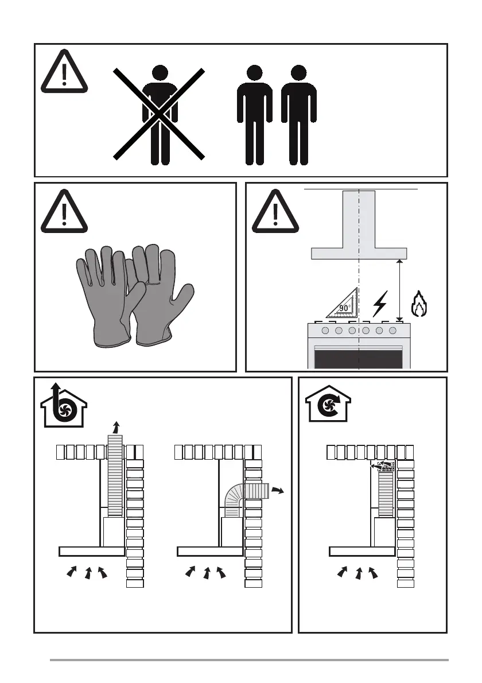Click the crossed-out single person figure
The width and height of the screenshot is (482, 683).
pyautogui.click(x=160, y=115)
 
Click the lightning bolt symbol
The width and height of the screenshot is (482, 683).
pyautogui.click(x=380, y=304)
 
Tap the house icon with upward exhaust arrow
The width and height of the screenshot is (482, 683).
pyautogui.click(x=64, y=405)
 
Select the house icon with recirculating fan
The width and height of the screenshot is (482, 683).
pyautogui.click(x=328, y=404)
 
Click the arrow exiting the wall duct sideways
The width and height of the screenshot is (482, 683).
pyautogui.click(x=277, y=491)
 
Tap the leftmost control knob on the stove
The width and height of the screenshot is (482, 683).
pyautogui.click(x=325, y=331)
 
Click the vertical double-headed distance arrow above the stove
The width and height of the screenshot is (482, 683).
pyautogui.click(x=400, y=290)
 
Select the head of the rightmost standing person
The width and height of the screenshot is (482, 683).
pyautogui.click(x=298, y=73)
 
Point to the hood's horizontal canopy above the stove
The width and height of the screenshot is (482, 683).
pyautogui.click(x=359, y=254)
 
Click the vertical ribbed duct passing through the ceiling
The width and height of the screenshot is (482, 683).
pyautogui.click(x=115, y=475)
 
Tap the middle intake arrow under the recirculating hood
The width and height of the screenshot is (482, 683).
pyautogui.click(x=359, y=573)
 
